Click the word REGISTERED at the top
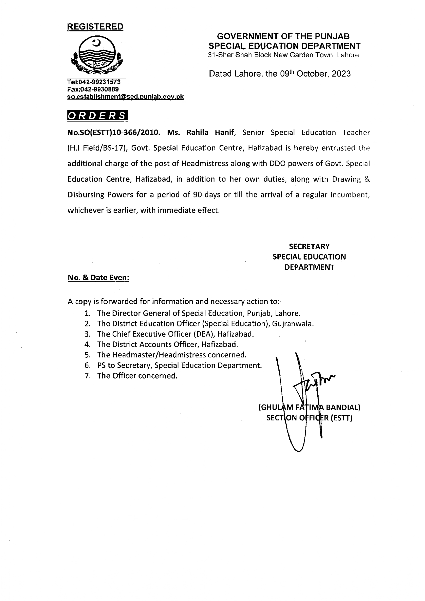point(95,27)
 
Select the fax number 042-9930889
point(99,89)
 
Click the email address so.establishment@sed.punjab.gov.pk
point(125,97)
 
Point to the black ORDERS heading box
point(98,115)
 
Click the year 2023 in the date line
point(341,74)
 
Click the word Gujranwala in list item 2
point(293,324)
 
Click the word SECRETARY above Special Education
point(309,247)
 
